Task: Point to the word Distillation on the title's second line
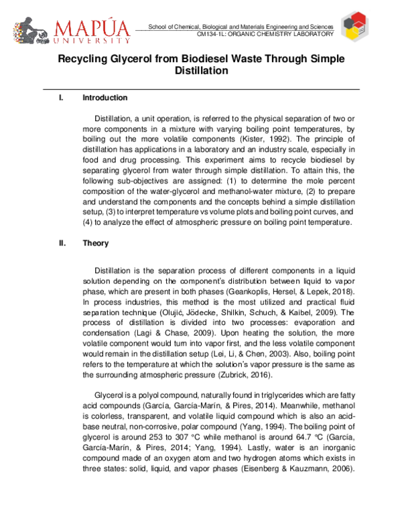(202, 70)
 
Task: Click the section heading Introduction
(105, 98)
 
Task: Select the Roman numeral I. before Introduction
(61, 98)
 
